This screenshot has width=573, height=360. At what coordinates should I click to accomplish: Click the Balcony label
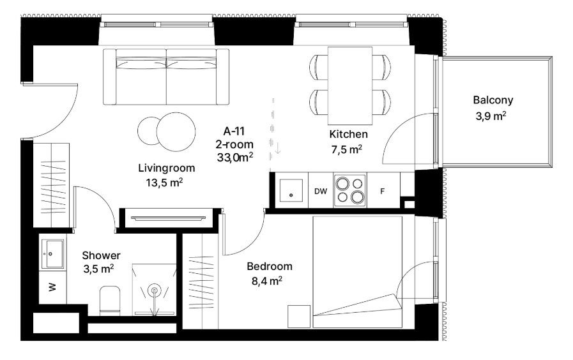[493, 100]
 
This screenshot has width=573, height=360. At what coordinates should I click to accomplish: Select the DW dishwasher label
[321, 191]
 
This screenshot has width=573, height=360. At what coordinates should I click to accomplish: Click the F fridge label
[382, 191]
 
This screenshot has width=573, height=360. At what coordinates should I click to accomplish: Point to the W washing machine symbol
[52, 287]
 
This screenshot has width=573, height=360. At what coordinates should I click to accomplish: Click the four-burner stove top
[349, 190]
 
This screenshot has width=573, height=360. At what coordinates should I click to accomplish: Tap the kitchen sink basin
[291, 190]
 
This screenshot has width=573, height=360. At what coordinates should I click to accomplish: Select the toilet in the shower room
[110, 301]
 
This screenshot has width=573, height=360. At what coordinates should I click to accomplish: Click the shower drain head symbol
[154, 291]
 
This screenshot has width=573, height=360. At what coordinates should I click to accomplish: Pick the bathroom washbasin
[52, 254]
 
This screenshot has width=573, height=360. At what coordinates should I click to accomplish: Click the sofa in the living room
[166, 77]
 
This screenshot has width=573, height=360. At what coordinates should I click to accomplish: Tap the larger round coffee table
[176, 131]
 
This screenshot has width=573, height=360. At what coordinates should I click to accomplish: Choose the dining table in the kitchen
[350, 86]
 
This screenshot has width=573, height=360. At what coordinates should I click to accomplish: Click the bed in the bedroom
[357, 272]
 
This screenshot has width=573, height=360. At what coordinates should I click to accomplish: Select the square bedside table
[299, 317]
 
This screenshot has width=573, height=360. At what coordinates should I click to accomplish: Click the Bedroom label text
[270, 267]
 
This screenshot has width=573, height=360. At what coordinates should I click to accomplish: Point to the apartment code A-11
[234, 131]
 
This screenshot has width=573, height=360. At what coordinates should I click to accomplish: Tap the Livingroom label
[167, 169]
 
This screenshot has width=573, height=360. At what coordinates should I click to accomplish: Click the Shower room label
[101, 255]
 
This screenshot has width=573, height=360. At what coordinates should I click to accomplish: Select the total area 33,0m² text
[235, 158]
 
